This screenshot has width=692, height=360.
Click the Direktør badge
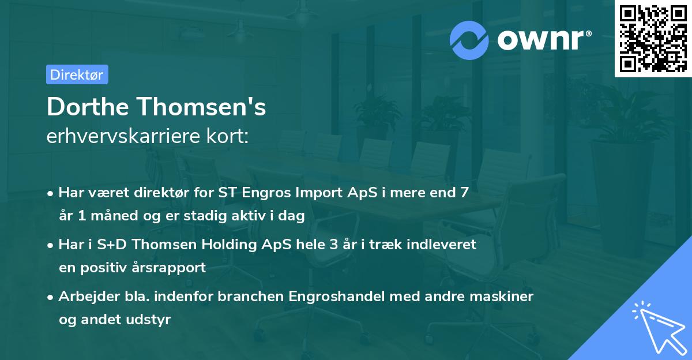click(x=77, y=74)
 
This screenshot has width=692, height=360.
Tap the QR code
click(x=653, y=38)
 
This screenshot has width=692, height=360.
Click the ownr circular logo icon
click(x=469, y=40)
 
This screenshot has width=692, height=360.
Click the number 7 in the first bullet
click(x=464, y=193)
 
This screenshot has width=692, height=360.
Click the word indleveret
click(x=441, y=245)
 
